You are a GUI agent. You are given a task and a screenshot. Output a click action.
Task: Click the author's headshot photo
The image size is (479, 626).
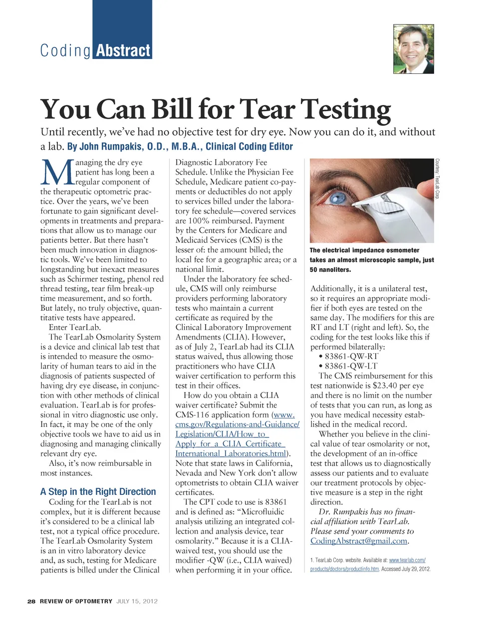414,49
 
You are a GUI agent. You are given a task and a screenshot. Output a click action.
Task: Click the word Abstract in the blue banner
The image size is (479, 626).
123,51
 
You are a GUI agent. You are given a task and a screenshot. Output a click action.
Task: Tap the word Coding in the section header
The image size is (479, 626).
65,51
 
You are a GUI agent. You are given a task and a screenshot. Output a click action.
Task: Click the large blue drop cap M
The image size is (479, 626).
57,172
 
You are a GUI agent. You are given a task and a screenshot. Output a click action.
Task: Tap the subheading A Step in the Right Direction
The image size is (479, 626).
98,491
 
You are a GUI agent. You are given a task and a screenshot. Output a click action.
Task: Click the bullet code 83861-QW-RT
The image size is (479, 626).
351,356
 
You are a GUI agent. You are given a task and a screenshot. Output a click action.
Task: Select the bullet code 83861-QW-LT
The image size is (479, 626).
351,366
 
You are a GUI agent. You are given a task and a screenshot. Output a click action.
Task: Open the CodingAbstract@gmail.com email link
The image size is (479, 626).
359,541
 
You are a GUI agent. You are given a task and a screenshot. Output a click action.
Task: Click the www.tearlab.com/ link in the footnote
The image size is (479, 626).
407,561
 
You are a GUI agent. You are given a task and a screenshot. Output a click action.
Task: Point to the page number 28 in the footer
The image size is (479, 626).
31,601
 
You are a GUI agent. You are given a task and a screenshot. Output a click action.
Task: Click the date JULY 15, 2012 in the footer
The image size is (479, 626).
137,601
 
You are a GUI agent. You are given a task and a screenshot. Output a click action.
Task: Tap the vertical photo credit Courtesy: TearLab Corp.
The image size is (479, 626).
437,179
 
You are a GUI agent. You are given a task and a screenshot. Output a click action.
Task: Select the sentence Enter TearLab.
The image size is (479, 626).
75,327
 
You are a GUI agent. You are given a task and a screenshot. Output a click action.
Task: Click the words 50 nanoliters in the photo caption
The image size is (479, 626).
330,270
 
